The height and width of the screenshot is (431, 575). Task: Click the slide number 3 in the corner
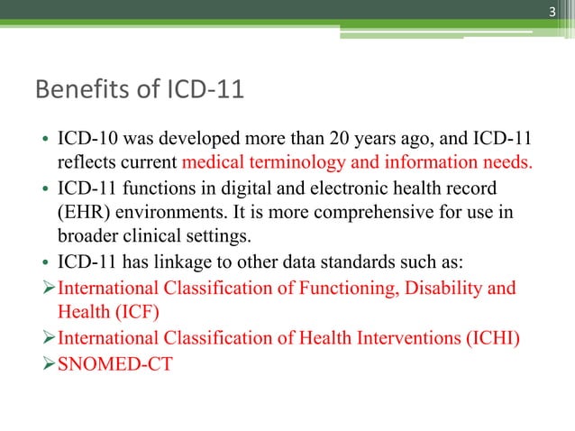click(554, 11)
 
